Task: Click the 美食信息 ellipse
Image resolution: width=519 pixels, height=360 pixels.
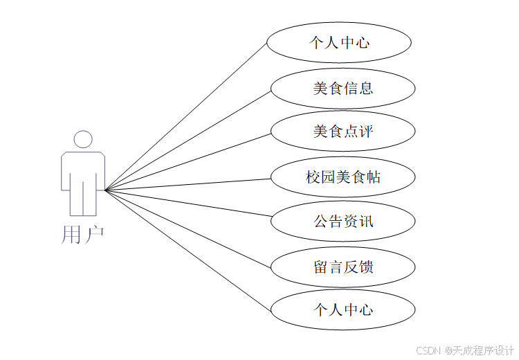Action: point(343,88)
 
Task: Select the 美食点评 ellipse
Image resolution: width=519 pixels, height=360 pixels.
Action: point(343,131)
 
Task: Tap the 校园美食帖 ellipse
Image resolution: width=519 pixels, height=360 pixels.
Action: point(343,177)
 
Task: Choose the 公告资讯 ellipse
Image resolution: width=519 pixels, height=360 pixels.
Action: point(343,222)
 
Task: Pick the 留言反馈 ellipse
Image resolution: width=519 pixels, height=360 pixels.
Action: point(343,267)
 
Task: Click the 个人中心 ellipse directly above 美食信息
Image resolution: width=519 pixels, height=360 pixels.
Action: point(339,43)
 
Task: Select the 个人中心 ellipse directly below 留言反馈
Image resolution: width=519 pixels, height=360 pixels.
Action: point(343,309)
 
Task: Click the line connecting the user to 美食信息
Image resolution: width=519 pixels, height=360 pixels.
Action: point(187,139)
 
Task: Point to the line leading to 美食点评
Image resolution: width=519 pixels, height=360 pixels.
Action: point(187,161)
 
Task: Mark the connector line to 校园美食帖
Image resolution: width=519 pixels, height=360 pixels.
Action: point(187,184)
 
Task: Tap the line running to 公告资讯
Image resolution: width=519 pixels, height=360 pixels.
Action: point(187,203)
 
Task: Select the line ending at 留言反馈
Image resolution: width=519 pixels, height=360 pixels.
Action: point(187,228)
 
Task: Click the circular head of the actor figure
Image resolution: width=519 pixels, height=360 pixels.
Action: point(83,139)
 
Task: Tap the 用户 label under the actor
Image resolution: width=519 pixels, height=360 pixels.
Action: point(82,235)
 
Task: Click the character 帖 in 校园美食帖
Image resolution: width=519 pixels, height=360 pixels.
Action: point(374,177)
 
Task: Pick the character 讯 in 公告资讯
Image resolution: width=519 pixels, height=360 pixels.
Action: point(366,222)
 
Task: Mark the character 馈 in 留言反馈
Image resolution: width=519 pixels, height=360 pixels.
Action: point(366,267)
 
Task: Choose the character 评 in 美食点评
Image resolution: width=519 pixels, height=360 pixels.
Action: point(366,131)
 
